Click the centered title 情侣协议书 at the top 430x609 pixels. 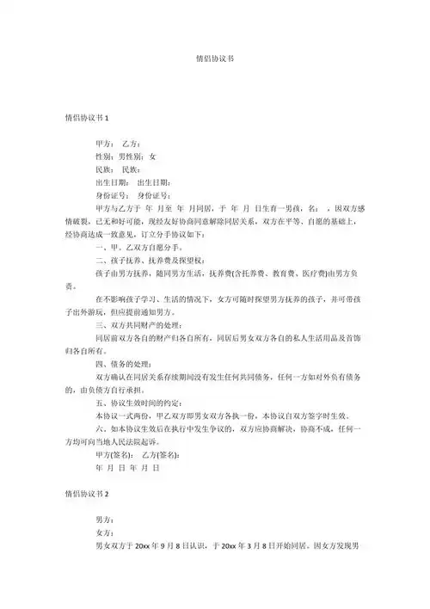(215, 61)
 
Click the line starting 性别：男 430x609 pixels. (126, 157)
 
